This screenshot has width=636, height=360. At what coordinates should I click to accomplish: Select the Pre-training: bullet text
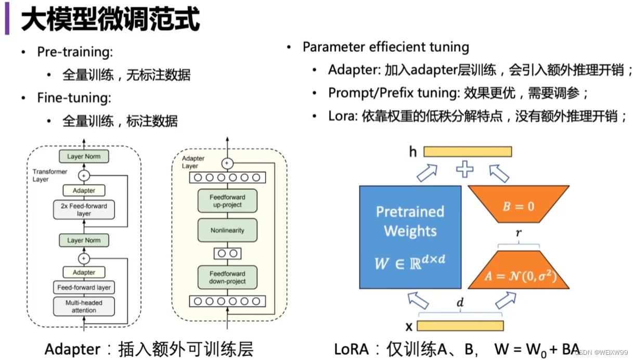75,52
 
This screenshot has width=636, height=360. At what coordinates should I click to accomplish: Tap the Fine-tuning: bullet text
74,98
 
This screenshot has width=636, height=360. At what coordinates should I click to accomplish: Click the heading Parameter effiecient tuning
385,47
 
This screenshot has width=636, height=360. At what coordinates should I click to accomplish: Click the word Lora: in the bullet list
342,116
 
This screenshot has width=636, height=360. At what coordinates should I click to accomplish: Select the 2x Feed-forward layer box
84,210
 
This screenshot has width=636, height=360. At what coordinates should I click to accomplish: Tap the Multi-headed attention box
84,306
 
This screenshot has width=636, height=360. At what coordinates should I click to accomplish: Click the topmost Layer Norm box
84,157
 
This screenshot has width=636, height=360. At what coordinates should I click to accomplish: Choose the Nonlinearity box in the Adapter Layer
227,230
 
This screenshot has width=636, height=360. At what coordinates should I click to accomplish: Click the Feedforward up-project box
227,201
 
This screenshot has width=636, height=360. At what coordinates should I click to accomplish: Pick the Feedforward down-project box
227,277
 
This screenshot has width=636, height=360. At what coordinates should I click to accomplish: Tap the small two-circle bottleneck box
227,254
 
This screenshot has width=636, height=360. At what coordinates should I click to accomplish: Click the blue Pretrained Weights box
410,237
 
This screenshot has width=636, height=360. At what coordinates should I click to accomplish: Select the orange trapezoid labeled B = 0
518,206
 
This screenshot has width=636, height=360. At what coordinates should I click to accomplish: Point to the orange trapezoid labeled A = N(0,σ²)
518,271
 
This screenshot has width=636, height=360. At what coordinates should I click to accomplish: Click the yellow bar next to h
467,151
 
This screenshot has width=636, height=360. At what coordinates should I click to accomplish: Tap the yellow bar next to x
460,326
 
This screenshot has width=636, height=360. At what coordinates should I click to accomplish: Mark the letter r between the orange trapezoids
518,234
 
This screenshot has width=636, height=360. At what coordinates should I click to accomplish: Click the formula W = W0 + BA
536,349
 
